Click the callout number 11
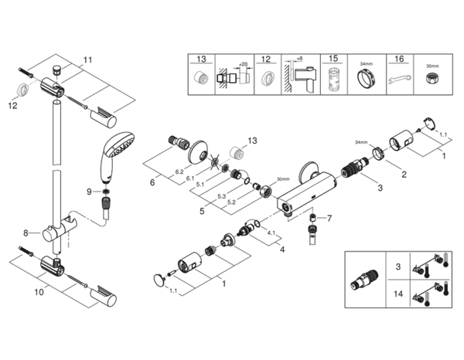pos(87,59)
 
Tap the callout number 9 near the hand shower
pos(89,191)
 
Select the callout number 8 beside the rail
pos(26,232)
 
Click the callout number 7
pos(328,218)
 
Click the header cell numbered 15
pos(333,59)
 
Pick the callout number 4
pos(281,249)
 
